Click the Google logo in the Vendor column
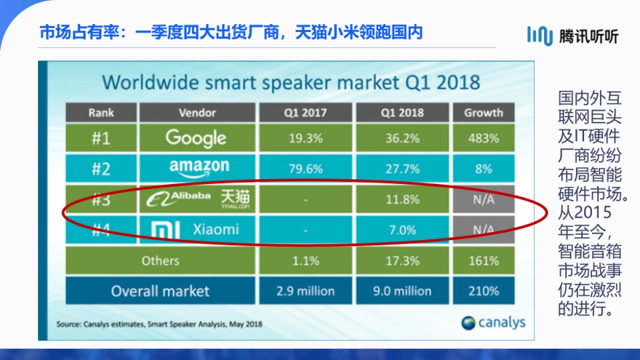pyautogui.click(x=196, y=138)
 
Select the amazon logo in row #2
pyautogui.click(x=198, y=168)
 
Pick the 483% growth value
pyautogui.click(x=484, y=138)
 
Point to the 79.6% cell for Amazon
pyautogui.click(x=305, y=169)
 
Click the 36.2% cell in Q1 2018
pyautogui.click(x=402, y=138)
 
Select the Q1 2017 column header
pyautogui.click(x=305, y=113)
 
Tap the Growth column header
pyautogui.click(x=484, y=113)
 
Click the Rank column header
pyautogui.click(x=101, y=113)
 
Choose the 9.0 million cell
pyautogui.click(x=402, y=291)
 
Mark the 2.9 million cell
pyautogui.click(x=305, y=291)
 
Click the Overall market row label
pyautogui.click(x=160, y=291)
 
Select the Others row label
pyautogui.click(x=160, y=261)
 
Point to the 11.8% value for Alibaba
pyautogui.click(x=402, y=199)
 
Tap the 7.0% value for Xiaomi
pyautogui.click(x=402, y=230)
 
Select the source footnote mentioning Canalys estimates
pyautogui.click(x=159, y=324)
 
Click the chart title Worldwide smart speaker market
pyautogui.click(x=291, y=82)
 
